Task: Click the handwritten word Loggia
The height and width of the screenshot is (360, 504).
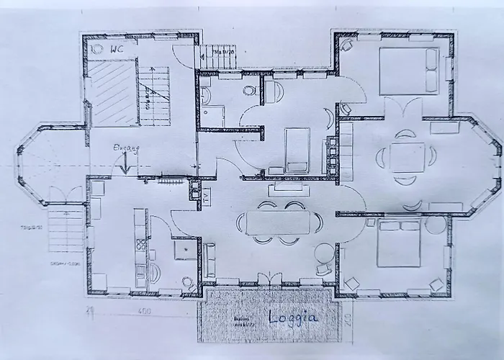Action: [x=293, y=317]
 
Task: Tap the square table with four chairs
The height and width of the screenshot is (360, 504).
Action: [x=407, y=156]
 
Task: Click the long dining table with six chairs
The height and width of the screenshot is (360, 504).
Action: [x=278, y=222]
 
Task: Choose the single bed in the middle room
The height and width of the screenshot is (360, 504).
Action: [x=297, y=149]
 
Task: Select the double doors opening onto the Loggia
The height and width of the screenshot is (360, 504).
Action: [x=270, y=279]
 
